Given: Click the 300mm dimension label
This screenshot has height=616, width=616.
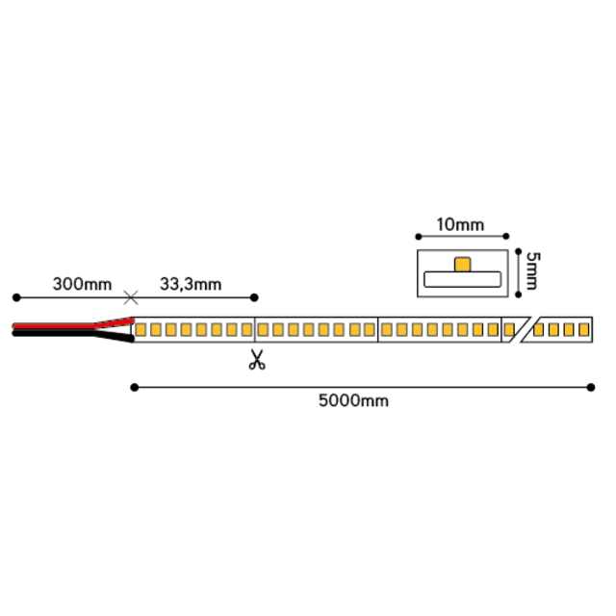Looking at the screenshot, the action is click(82, 284).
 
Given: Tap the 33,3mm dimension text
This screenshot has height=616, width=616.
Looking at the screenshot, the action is click(191, 285).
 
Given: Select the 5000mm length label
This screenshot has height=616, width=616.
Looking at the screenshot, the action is click(353, 400).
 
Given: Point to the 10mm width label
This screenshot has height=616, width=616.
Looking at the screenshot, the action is click(460, 224).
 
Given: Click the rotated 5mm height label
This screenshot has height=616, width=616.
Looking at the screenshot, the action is click(532, 271).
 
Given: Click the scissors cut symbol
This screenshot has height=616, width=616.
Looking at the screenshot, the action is click(257, 359).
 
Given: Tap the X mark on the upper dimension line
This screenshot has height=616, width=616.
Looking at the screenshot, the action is click(131, 297).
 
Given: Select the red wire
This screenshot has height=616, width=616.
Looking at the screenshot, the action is click(73, 325).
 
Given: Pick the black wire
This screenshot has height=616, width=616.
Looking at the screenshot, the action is click(73, 334).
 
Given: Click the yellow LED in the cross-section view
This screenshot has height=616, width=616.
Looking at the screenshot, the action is click(462, 265).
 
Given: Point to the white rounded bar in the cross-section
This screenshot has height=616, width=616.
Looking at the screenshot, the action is click(462, 279).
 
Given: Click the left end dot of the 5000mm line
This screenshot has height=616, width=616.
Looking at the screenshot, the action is click(135, 388).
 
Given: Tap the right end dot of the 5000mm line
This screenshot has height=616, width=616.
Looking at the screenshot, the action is click(590, 388).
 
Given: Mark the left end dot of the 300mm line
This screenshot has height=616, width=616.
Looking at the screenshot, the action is click(16, 297).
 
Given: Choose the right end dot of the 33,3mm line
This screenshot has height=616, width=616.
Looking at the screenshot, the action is click(254, 297).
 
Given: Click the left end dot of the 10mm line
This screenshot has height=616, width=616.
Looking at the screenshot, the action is click(419, 237).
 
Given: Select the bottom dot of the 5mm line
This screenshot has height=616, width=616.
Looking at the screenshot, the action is click(518, 295).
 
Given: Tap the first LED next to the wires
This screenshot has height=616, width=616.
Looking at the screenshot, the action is click(141, 329).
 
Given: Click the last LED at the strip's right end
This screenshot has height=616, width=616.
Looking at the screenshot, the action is click(584, 329).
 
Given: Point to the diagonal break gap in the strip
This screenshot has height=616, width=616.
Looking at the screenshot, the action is click(521, 329).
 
